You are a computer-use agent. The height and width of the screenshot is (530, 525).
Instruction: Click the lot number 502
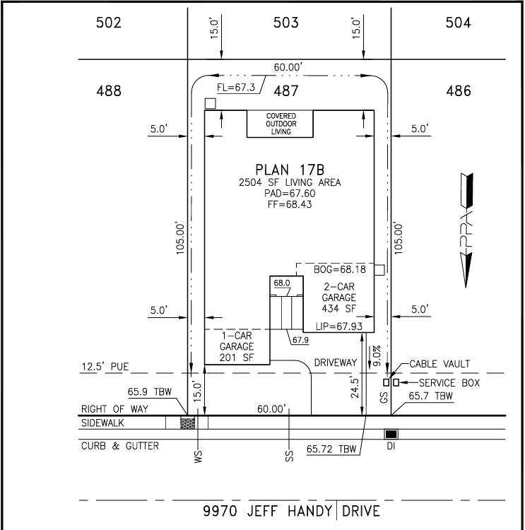click(x=109, y=23)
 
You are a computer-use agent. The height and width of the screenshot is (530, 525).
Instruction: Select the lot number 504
click(x=458, y=23)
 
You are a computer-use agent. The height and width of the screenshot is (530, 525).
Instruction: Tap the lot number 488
click(x=109, y=91)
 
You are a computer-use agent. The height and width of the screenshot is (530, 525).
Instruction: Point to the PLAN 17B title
click(x=290, y=170)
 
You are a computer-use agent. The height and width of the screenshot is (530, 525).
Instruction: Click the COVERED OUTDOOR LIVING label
click(x=281, y=124)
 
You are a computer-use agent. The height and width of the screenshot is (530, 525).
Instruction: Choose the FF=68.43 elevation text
click(x=290, y=204)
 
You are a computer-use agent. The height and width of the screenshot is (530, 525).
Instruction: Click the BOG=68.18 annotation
click(x=340, y=269)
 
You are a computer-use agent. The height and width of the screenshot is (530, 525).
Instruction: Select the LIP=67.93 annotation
click(x=338, y=326)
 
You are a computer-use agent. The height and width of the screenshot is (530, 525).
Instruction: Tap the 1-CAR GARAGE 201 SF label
click(x=236, y=346)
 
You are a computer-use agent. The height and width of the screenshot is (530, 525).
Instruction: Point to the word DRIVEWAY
click(x=336, y=363)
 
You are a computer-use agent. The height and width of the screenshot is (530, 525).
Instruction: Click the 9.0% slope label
click(x=377, y=355)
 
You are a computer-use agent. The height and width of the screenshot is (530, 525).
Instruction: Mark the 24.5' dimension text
click(x=354, y=388)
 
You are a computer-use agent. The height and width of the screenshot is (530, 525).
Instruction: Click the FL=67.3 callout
click(x=236, y=88)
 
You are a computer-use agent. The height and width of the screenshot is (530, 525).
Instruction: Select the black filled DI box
click(x=391, y=434)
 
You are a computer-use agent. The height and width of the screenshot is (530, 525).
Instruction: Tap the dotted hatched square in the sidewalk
click(x=188, y=423)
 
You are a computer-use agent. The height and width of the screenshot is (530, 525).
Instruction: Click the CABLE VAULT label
click(x=440, y=364)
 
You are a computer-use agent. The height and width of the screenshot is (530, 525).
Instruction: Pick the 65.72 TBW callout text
click(x=331, y=449)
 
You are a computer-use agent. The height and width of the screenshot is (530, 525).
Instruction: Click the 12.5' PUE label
click(x=105, y=367)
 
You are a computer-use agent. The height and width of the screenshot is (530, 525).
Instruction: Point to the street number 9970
click(x=220, y=511)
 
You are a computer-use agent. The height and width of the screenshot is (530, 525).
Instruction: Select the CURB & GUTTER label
click(x=120, y=446)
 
